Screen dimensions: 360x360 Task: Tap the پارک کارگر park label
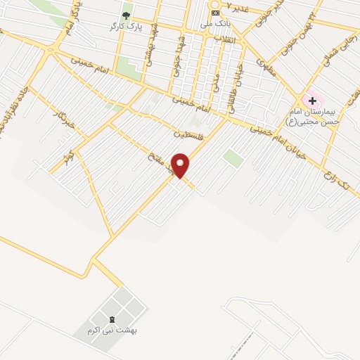coord(120,27)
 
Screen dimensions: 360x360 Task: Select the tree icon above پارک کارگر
coord(127,14)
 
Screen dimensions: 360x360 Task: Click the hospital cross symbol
coord(312,101)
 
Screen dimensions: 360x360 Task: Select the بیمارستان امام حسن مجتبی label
coord(313,117)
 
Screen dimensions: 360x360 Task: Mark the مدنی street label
coord(216,84)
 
